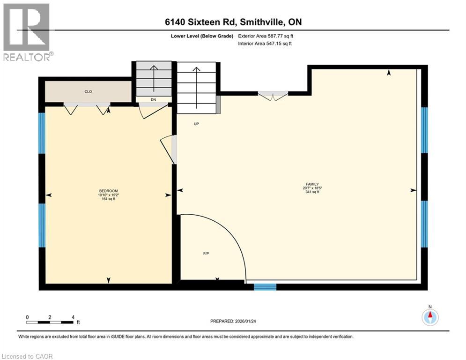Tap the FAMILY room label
tap(311, 184)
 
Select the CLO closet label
tap(88, 92)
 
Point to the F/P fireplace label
tap(206, 254)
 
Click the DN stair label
tap(153, 100)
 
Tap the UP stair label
tap(197, 124)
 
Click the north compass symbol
tap(430, 317)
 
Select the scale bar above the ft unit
tap(50, 322)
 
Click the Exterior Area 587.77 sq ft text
tap(266, 36)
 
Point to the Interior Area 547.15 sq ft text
tap(266, 44)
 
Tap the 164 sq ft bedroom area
tap(108, 199)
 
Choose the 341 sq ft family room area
tap(311, 192)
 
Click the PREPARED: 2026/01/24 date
tap(233, 321)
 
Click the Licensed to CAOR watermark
tap(27, 356)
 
